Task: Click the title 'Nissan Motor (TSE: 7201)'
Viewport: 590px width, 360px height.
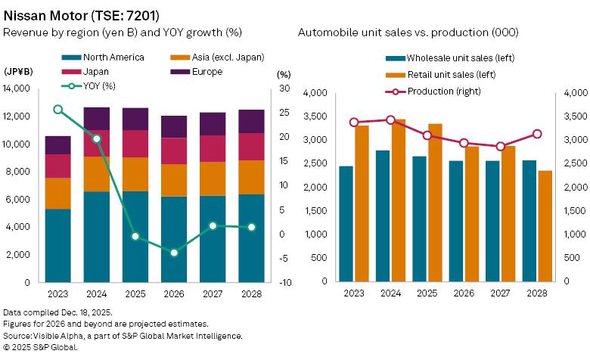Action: click(82, 14)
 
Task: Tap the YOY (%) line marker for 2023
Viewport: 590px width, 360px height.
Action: click(58, 110)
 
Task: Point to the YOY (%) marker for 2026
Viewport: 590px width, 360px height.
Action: click(174, 253)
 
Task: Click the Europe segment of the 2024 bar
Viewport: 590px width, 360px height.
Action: click(97, 119)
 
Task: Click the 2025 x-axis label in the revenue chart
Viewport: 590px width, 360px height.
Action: click(135, 293)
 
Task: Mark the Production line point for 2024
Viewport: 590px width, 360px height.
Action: click(390, 119)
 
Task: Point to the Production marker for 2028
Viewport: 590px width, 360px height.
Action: click(537, 134)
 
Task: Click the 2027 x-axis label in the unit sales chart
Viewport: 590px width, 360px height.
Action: click(500, 293)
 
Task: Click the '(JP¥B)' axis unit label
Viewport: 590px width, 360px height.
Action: click(18, 73)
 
